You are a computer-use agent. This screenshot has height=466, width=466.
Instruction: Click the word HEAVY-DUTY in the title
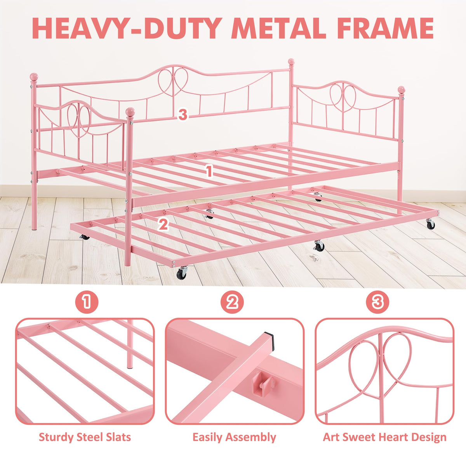point(127,28)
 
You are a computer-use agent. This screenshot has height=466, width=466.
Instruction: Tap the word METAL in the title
point(278,28)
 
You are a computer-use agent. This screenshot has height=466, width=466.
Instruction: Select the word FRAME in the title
point(384,28)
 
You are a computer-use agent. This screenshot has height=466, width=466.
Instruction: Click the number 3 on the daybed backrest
point(183,115)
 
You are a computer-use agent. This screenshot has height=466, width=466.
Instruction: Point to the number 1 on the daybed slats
point(209,171)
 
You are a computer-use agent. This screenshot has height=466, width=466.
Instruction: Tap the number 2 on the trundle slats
point(163,224)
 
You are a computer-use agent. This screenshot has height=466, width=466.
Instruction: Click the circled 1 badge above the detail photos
point(87,302)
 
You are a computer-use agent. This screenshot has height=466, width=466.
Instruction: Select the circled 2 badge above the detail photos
point(232,302)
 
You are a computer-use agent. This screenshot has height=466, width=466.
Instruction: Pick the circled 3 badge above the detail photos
point(377,302)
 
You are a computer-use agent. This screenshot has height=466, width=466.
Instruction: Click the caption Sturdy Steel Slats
point(85,438)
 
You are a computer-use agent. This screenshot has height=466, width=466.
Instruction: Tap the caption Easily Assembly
point(234,438)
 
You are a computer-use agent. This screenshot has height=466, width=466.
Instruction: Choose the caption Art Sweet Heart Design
point(384,438)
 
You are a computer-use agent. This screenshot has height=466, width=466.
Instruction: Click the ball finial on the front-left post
point(130,112)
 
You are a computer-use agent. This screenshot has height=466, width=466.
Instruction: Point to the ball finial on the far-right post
point(402,90)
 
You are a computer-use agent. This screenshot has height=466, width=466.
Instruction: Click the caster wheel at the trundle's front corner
point(181,273)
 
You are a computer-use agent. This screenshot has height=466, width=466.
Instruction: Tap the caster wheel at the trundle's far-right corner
point(430,224)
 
